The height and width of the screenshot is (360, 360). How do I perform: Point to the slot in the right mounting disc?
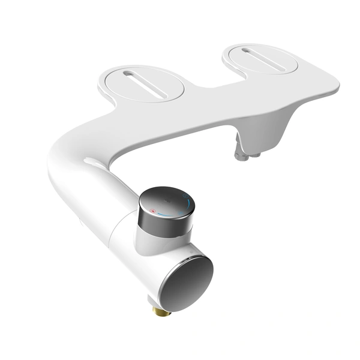point(262,58)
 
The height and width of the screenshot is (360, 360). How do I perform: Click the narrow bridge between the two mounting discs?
point(201,84)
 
